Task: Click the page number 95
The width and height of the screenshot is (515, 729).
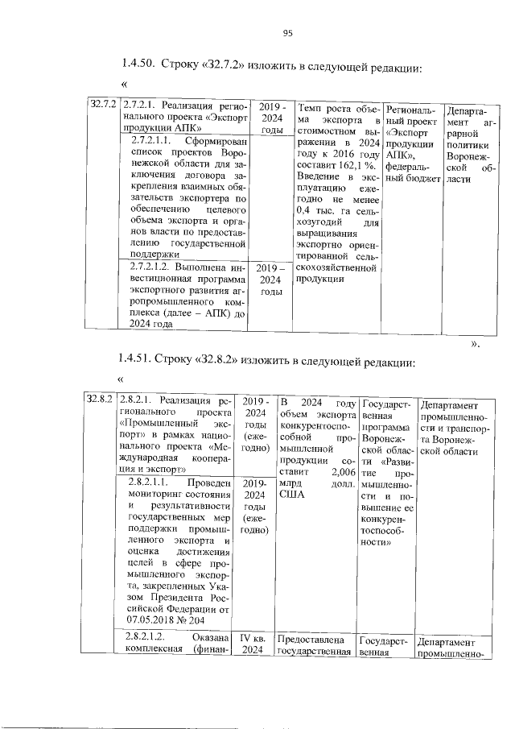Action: coord(287,33)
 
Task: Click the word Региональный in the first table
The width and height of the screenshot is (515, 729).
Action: coord(409,114)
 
